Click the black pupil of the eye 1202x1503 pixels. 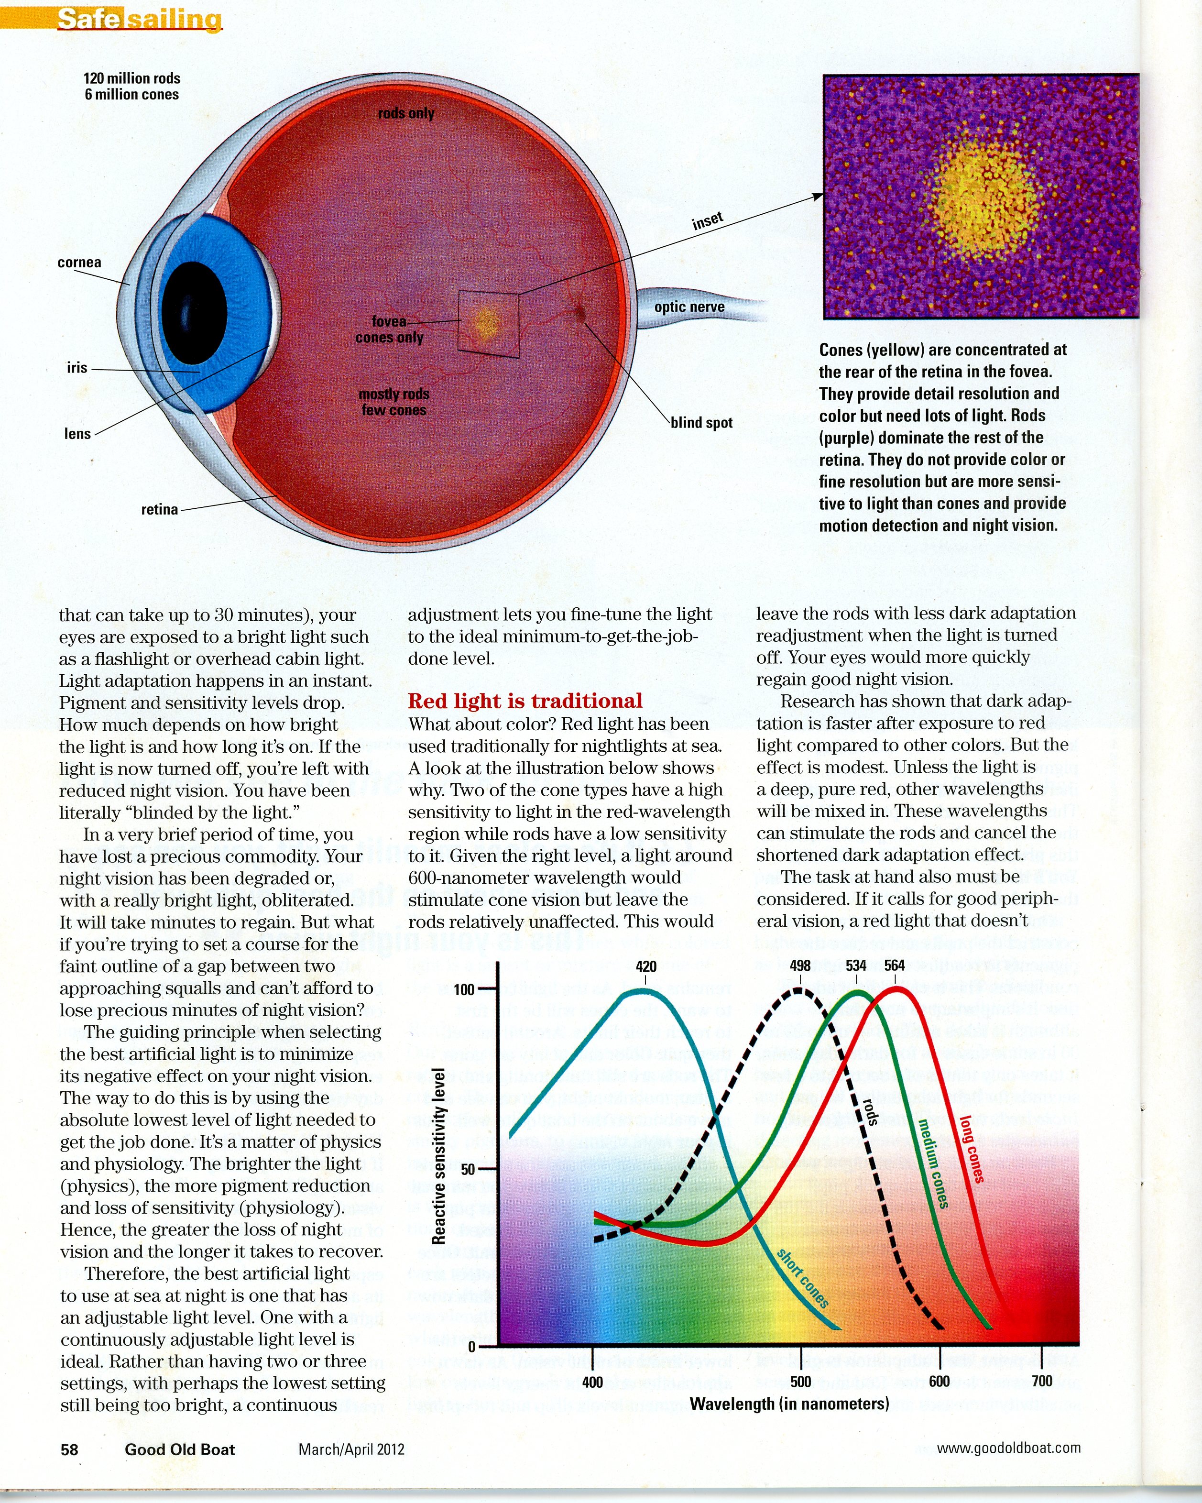[194, 312]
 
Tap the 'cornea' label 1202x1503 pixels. [79, 263]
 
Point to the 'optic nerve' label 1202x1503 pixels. [689, 307]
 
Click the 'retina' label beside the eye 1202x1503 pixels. [160, 510]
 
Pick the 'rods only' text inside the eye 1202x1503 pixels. [406, 113]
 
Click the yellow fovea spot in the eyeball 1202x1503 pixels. [486, 323]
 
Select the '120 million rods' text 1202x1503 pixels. [131, 78]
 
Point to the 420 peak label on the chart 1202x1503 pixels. [646, 966]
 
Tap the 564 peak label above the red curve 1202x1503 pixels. [895, 965]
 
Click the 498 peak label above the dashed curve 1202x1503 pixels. [800, 965]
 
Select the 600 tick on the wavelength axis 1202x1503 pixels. [940, 1382]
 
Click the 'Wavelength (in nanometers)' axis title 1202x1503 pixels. [789, 1404]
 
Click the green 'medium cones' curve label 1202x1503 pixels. [932, 1163]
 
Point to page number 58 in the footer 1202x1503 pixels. [70, 1449]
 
